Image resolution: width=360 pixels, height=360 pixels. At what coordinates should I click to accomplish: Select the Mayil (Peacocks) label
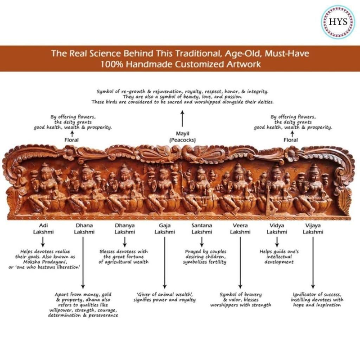(x=182, y=137)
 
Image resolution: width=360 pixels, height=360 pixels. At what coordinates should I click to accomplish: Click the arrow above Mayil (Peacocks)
(x=182, y=119)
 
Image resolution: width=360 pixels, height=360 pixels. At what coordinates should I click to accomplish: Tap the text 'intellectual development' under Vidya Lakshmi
(x=276, y=260)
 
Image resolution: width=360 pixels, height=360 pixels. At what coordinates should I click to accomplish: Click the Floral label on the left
(x=72, y=140)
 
